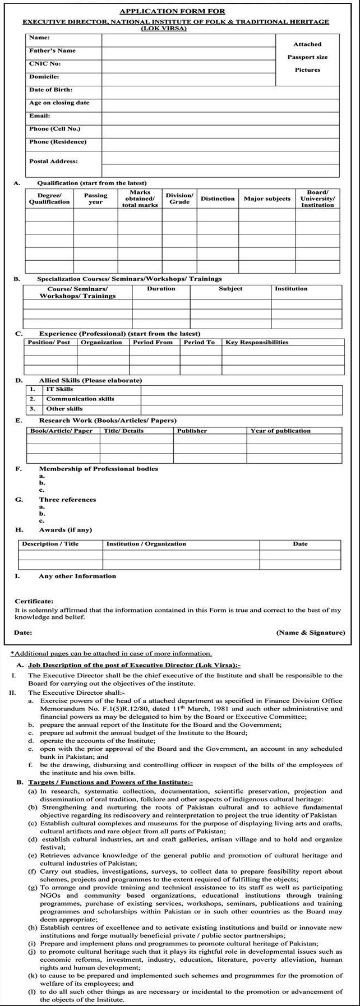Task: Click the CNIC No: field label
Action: [x=45, y=64]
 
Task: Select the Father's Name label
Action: [x=52, y=51]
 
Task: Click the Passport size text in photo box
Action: [x=307, y=57]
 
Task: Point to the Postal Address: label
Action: [x=53, y=161]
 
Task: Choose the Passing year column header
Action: [x=95, y=199]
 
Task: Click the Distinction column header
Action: [x=218, y=199]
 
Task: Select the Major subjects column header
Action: [x=267, y=199]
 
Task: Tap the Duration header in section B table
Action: [x=161, y=289]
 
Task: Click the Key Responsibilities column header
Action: [x=257, y=342]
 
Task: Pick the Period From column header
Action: [x=153, y=342]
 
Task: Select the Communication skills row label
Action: [x=80, y=399]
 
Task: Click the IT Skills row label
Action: [x=59, y=389]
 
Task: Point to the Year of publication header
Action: [x=280, y=431]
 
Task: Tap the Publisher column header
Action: [x=192, y=431]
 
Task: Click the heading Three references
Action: [x=67, y=500]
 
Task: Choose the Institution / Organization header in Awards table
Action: [x=146, y=544]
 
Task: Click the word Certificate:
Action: [x=34, y=601]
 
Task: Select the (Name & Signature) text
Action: [x=311, y=633]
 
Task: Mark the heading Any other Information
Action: [x=77, y=576]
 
